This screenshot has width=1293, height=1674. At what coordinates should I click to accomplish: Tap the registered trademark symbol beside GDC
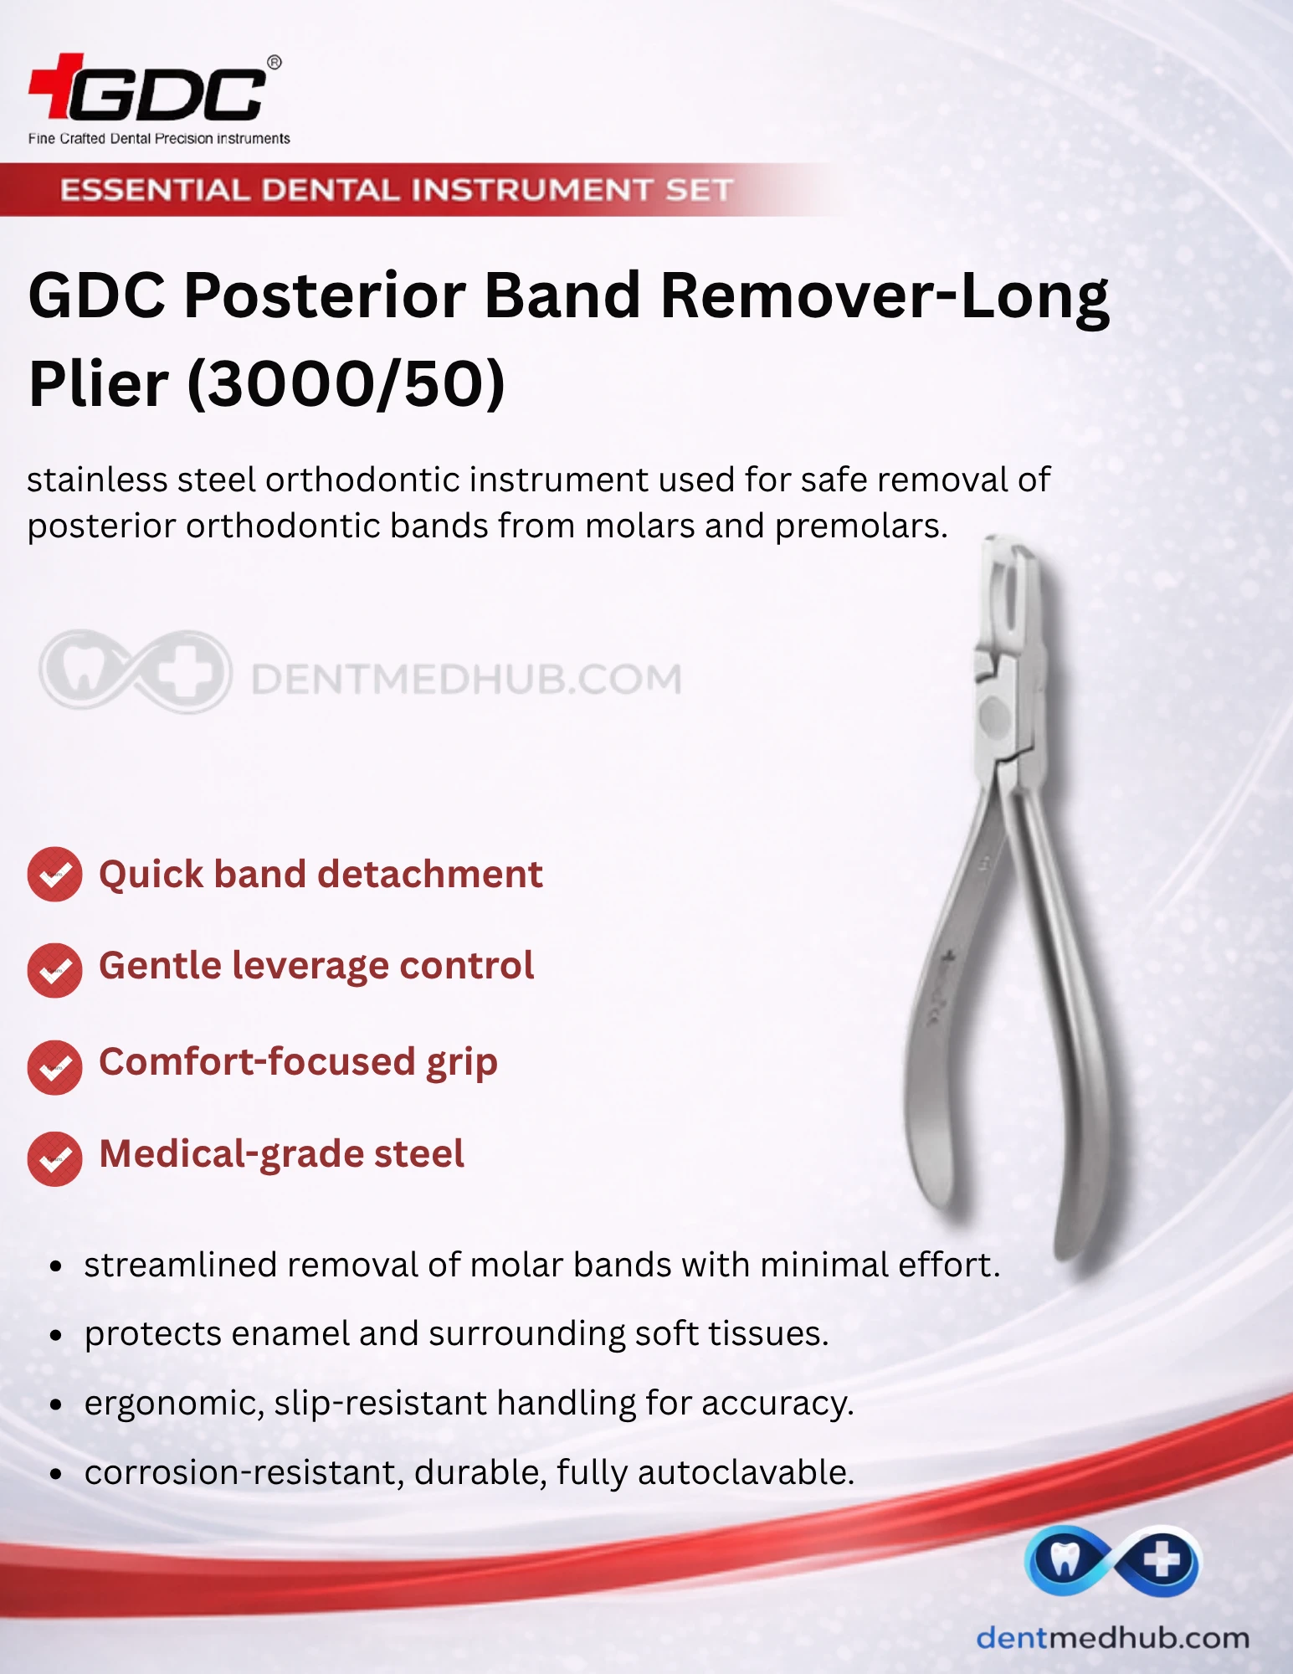tap(274, 63)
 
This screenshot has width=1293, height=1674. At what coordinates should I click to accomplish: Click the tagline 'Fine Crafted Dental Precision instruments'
tap(159, 138)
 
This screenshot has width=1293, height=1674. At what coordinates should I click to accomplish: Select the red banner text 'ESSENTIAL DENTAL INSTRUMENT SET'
tap(397, 190)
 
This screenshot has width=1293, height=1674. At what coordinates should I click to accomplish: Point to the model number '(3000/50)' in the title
tap(346, 384)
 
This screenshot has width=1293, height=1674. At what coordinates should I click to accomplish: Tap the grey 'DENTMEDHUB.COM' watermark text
tap(466, 679)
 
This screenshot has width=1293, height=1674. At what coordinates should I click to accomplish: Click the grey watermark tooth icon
tap(82, 670)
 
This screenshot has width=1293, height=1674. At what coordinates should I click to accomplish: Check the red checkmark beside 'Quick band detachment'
tap(54, 875)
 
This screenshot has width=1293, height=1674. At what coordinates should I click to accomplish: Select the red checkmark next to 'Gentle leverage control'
tap(54, 970)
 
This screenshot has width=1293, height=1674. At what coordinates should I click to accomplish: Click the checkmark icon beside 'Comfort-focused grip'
tap(54, 1067)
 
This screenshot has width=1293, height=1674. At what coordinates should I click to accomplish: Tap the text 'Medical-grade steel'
tap(281, 1154)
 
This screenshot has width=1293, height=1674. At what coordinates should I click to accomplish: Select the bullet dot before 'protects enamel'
tap(56, 1336)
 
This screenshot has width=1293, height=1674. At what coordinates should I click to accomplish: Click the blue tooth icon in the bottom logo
tap(1063, 1560)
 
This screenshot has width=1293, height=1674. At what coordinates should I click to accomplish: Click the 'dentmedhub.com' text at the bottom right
tap(1112, 1637)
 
